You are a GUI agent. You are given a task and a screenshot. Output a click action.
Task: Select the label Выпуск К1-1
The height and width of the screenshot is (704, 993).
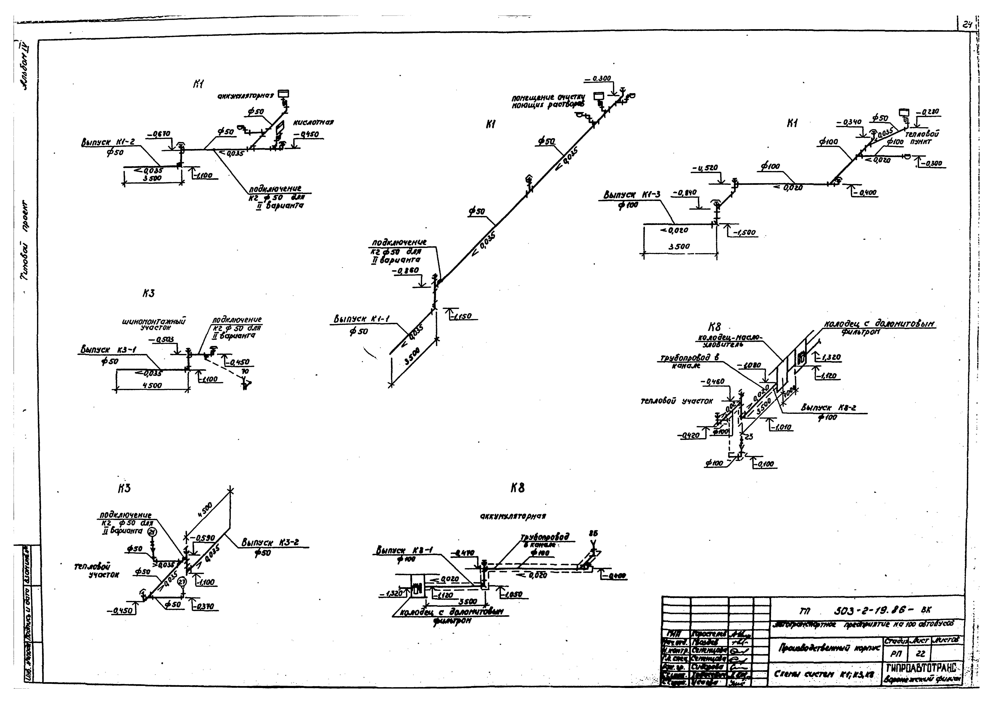(x=362, y=319)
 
